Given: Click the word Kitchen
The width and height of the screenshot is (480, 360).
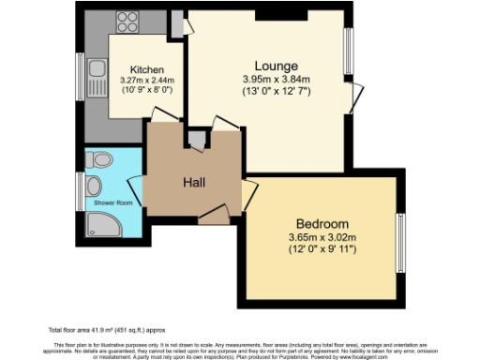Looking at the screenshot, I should [x=147, y=69].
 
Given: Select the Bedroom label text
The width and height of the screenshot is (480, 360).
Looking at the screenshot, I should [x=322, y=224].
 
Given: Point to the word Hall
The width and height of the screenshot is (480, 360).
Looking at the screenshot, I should [x=194, y=182].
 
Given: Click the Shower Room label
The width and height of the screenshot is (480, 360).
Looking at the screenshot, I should [x=112, y=202].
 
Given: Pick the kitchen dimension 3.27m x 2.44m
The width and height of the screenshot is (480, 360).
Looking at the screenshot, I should [x=147, y=81].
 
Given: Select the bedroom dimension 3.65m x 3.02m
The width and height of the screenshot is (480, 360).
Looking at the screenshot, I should [x=322, y=238].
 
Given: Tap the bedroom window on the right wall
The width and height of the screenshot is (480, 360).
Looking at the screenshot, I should [x=400, y=239].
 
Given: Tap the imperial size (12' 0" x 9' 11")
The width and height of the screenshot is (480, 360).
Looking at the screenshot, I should [x=322, y=250].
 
